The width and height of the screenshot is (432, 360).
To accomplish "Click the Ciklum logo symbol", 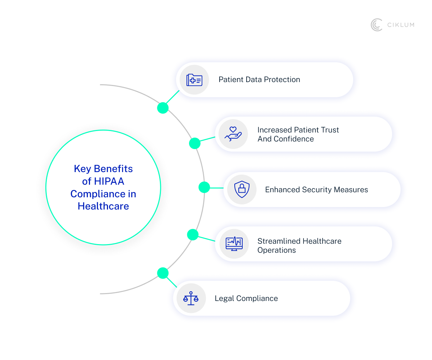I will click(x=376, y=25).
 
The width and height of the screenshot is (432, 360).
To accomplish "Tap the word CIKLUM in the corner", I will click(x=401, y=25).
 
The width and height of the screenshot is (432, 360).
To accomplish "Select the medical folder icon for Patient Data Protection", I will click(x=194, y=80).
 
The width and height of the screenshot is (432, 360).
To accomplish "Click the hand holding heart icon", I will click(x=233, y=134).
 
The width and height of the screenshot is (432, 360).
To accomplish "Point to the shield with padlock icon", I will click(x=242, y=189).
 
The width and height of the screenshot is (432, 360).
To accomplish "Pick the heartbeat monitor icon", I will click(x=234, y=244).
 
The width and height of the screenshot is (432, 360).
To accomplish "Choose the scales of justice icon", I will click(x=191, y=298).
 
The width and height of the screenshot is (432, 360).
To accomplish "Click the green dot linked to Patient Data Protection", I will click(x=163, y=108).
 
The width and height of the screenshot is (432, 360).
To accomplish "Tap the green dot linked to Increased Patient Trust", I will click(x=194, y=143).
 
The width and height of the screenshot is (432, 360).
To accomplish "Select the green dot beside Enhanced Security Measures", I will click(x=204, y=187).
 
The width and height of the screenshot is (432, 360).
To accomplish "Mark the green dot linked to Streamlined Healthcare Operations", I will click(x=193, y=235).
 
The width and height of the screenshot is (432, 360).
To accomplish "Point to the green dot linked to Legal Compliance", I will click(x=163, y=273).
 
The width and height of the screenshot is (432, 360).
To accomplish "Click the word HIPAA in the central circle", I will click(x=108, y=181).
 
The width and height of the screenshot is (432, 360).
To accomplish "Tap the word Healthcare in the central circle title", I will click(x=103, y=206).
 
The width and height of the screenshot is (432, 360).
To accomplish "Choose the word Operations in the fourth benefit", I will click(x=276, y=250).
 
